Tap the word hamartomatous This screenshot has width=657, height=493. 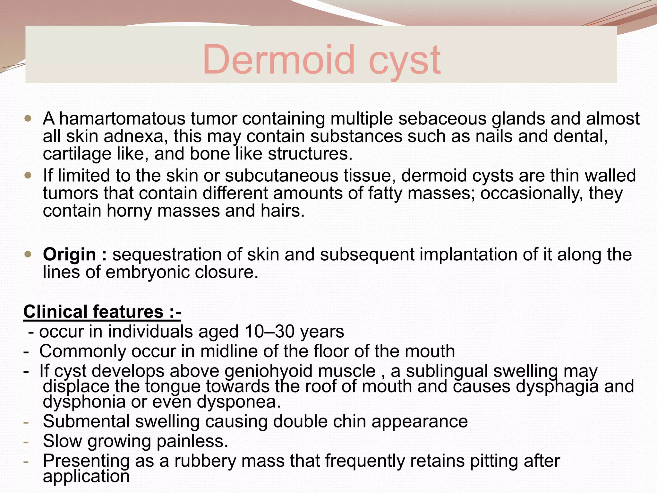click(x=122, y=119)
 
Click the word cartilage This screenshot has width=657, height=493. click(x=77, y=154)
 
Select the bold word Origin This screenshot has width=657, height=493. click(x=69, y=255)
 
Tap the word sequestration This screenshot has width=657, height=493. click(x=167, y=255)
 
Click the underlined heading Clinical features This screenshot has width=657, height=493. click(x=102, y=312)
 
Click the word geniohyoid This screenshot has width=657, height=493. click(x=268, y=371)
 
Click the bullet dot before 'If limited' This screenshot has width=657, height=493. click(x=28, y=176)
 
